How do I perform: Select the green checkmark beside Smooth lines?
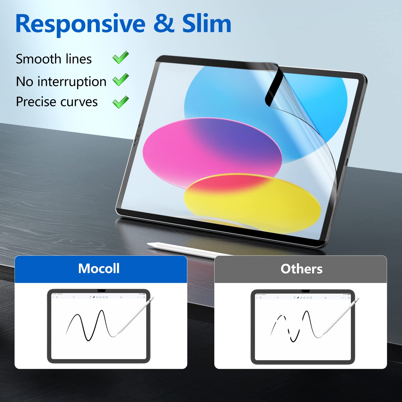coord(121,58)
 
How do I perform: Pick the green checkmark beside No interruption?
coord(121,80)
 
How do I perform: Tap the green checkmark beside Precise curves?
coord(121,102)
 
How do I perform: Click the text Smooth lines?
coord(54,59)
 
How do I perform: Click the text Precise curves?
coord(57,102)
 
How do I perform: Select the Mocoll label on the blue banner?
coord(99,269)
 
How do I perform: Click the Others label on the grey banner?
coord(301,269)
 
